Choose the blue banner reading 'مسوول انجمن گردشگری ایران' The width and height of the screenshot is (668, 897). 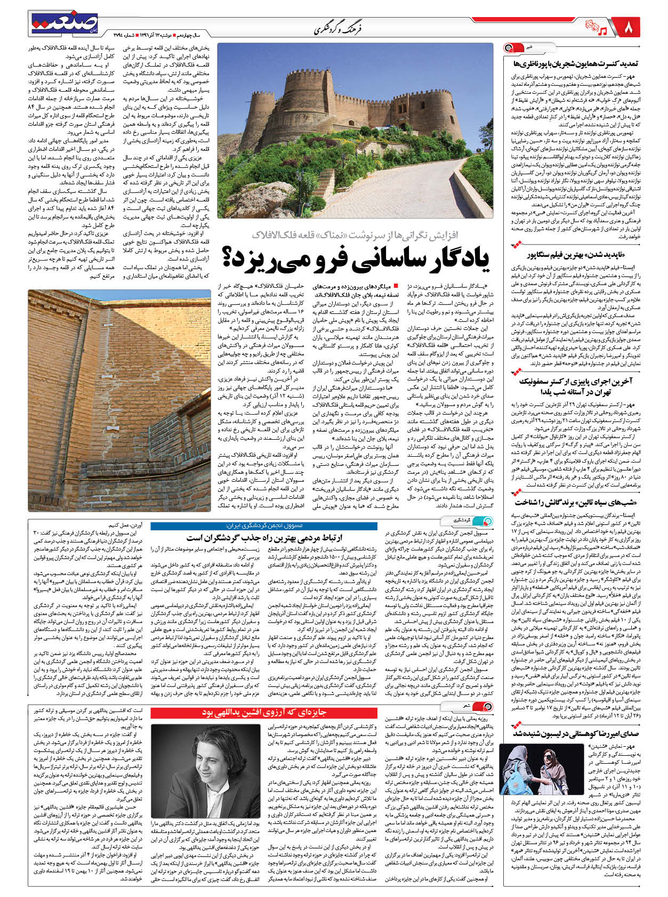click(264, 526)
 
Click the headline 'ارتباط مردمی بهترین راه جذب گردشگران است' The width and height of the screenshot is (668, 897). click(264, 538)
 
